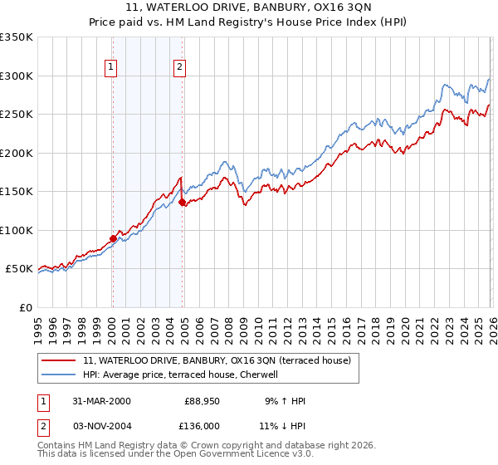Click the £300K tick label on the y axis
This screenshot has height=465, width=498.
(17, 76)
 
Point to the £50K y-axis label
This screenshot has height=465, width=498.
(19, 269)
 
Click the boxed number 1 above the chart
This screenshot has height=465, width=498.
(111, 69)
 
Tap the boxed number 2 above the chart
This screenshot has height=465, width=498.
(179, 69)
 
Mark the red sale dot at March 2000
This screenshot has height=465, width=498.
(113, 239)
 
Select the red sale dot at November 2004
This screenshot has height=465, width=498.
(182, 202)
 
